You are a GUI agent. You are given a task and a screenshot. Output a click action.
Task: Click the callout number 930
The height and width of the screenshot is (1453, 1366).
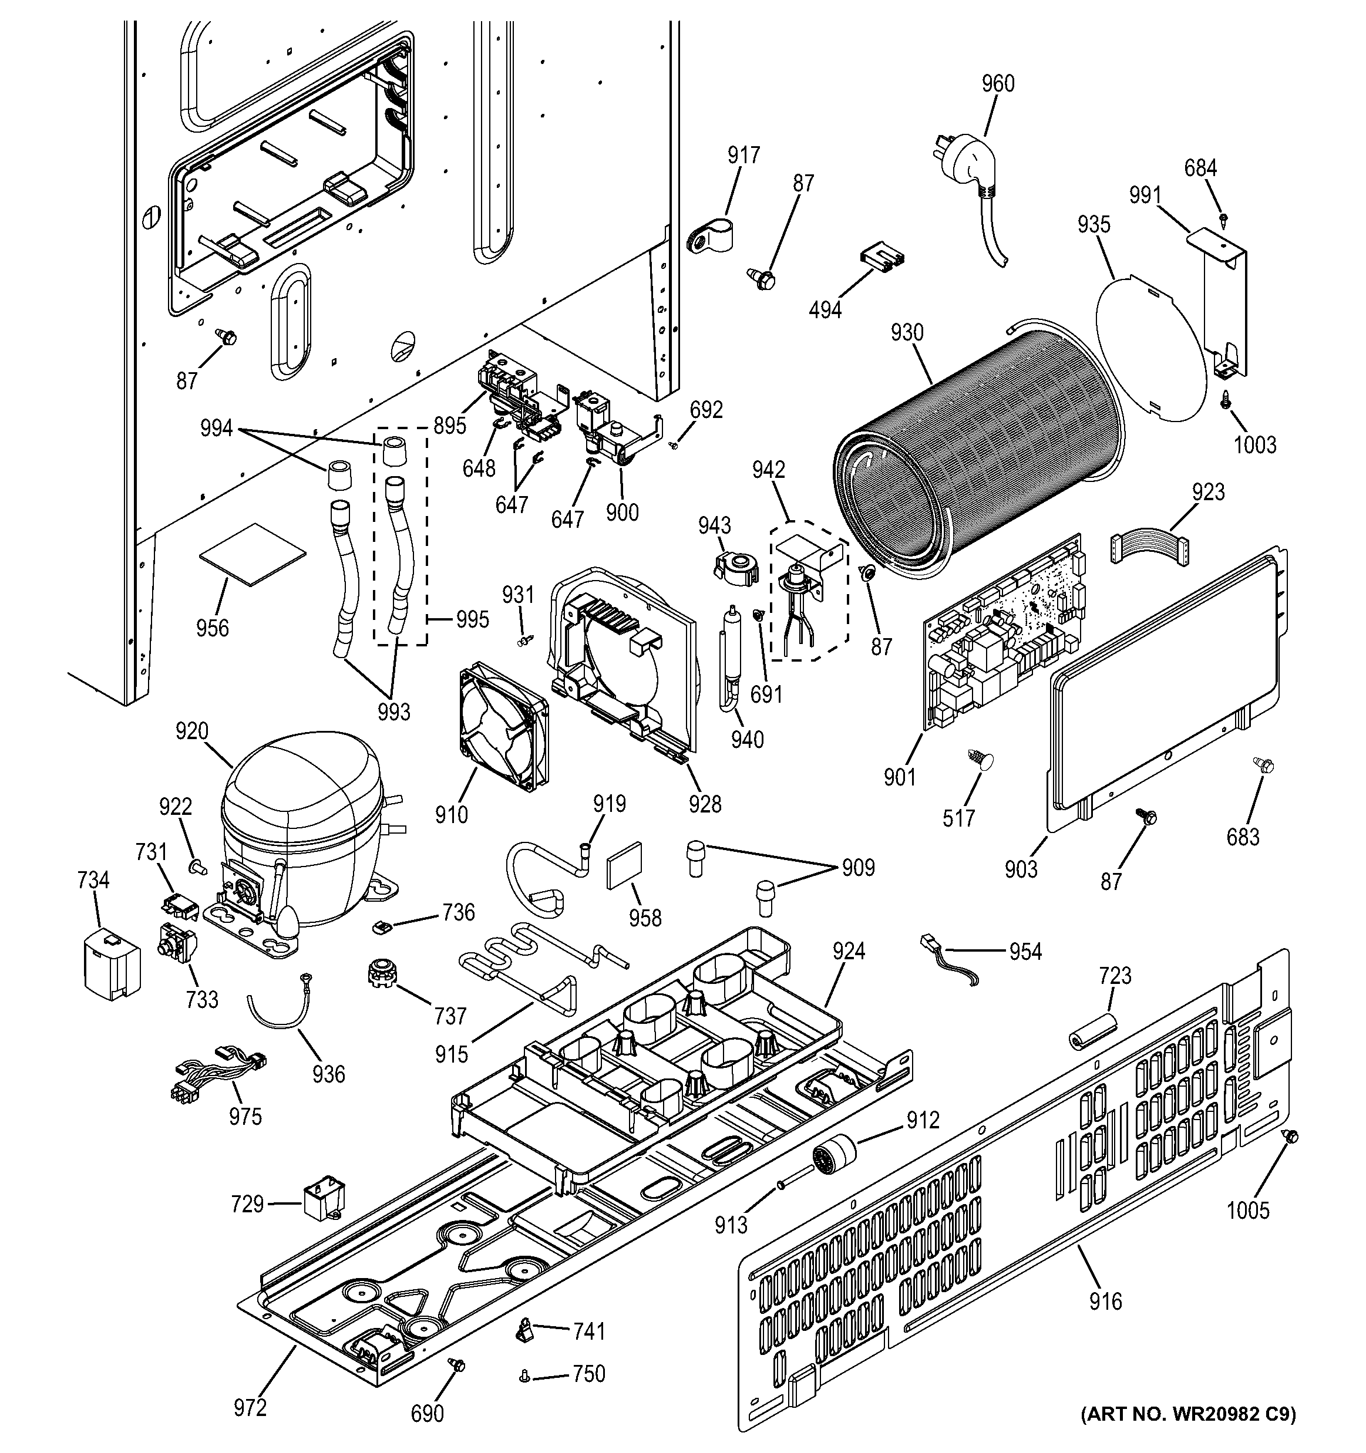click(x=907, y=333)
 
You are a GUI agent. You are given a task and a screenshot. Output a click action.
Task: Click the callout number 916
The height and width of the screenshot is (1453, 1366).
click(x=1105, y=1302)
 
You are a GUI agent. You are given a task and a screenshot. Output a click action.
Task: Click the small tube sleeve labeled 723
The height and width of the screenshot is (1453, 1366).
click(x=1091, y=1031)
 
